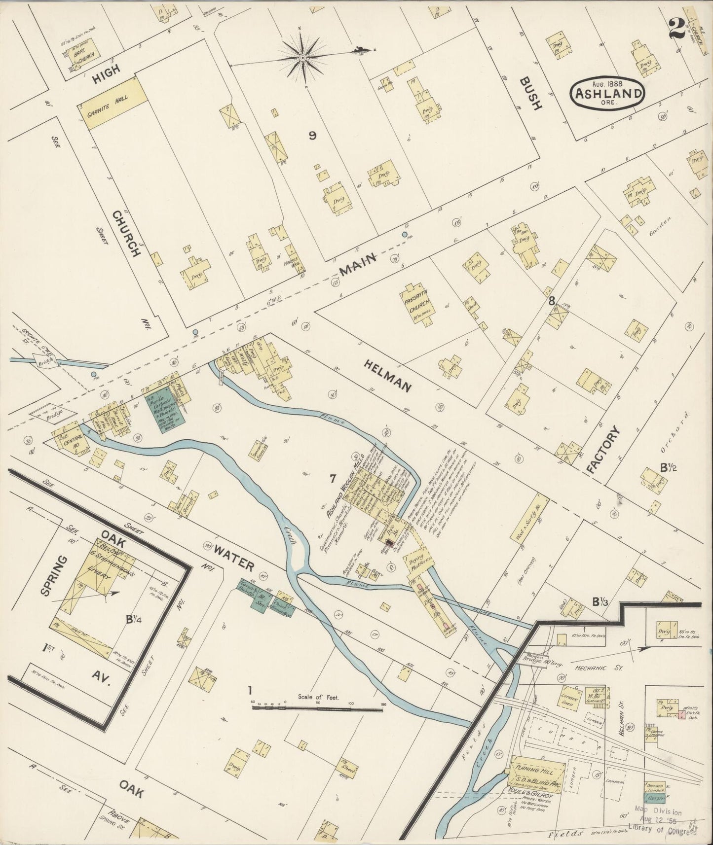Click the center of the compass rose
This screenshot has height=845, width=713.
pos(301,58)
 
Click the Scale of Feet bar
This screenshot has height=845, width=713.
pos(318,707)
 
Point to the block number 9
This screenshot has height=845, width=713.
pos(312,137)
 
